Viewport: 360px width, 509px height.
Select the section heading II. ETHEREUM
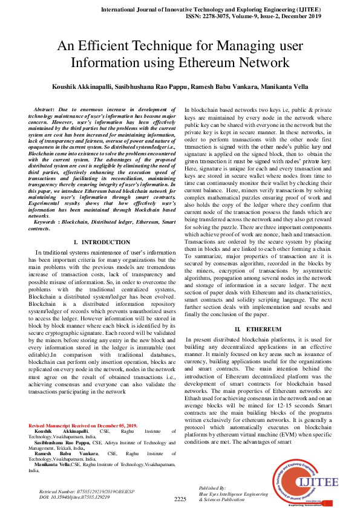258,328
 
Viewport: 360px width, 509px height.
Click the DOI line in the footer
70,496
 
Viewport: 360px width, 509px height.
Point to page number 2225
180,499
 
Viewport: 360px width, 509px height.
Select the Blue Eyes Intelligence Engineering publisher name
232,493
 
